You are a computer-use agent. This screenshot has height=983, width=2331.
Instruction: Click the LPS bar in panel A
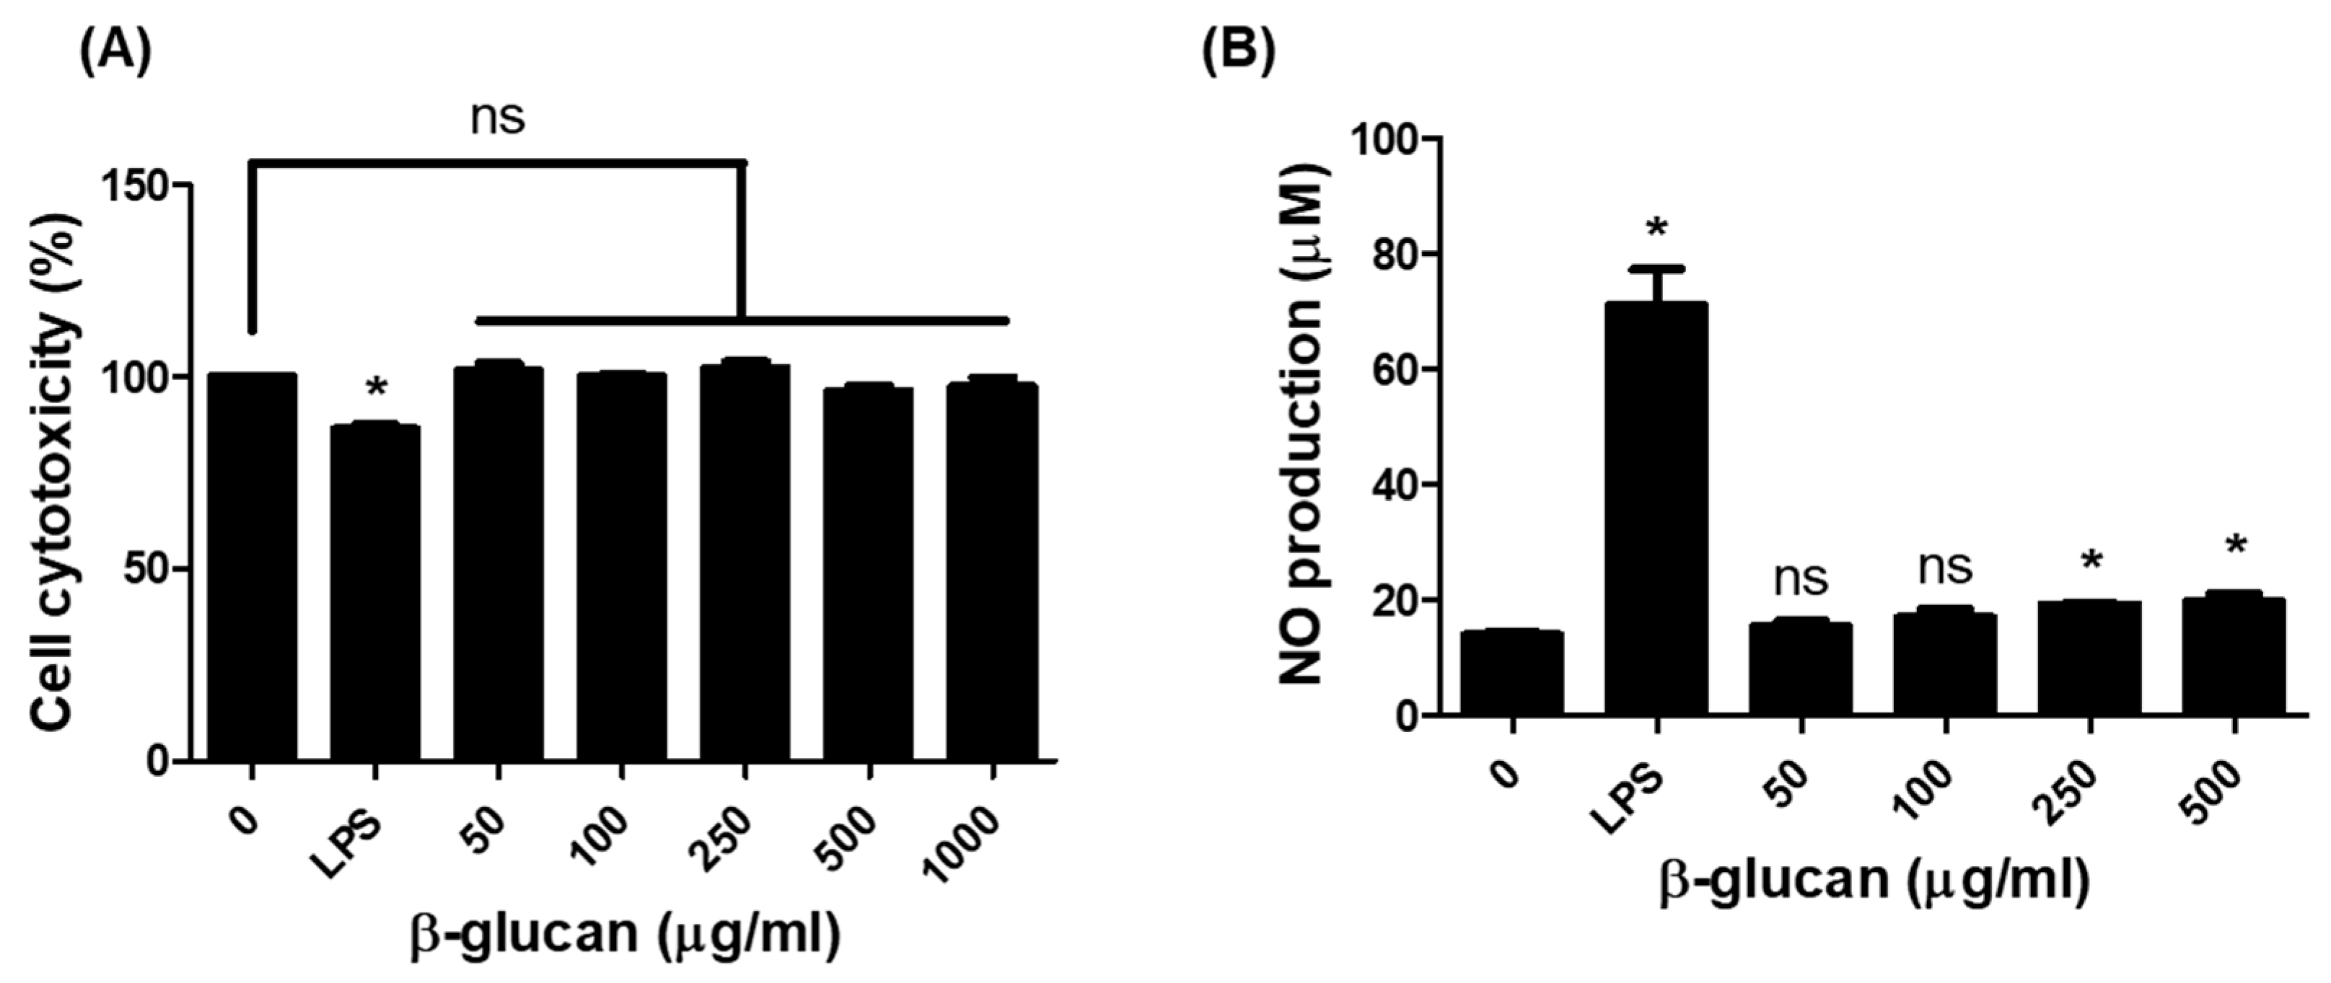(x=374, y=592)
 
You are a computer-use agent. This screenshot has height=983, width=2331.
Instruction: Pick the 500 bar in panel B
(x=2234, y=656)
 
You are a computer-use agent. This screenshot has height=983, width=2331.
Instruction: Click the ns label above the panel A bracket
(x=498, y=118)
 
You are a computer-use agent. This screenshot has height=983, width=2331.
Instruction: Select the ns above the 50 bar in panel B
(x=1801, y=579)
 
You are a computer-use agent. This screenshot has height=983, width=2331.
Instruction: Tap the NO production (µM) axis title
(x=1303, y=425)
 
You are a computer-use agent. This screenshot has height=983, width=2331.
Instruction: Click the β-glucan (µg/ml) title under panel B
(x=1873, y=882)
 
